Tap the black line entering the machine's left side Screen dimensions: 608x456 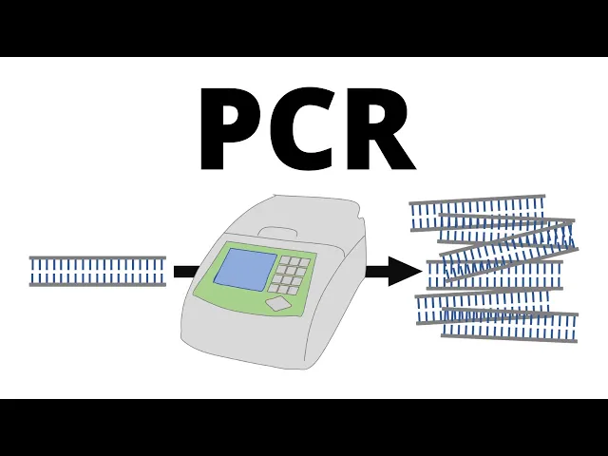tap(185, 272)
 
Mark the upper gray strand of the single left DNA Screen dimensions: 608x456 tap(97, 258)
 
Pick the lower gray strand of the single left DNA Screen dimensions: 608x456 tap(97, 284)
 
